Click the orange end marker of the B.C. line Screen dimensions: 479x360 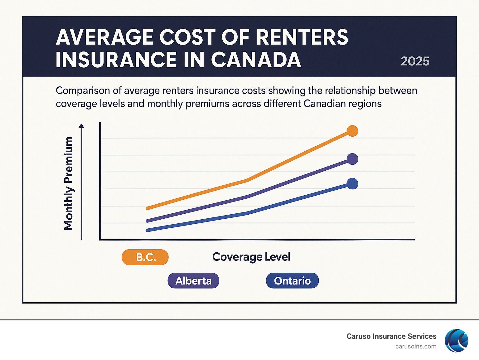[x=352, y=131]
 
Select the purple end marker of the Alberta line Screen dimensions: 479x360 [x=352, y=159]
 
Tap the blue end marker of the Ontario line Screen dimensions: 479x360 [x=352, y=184]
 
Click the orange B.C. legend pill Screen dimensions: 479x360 [x=145, y=257]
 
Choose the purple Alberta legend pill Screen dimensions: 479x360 [x=193, y=280]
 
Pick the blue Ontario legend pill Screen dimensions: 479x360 [x=292, y=280]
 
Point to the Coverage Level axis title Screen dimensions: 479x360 [x=251, y=257]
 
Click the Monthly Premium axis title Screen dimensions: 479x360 [x=68, y=183]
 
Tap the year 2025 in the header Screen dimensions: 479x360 [x=415, y=61]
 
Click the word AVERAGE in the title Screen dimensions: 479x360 [x=105, y=37]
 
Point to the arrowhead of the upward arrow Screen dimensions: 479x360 [x=81, y=126]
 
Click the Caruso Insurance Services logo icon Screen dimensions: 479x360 [x=456, y=340]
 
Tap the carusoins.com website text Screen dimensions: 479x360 [x=416, y=347]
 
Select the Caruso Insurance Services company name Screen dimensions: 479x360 [x=391, y=336]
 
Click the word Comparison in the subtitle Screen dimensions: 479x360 [x=83, y=91]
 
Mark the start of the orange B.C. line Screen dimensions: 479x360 [x=147, y=208]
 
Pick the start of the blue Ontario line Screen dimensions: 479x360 [x=147, y=230]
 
